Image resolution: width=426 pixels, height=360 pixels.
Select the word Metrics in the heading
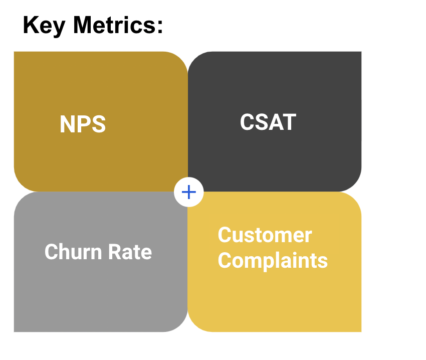[113, 25]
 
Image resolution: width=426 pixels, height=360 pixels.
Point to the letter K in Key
[30, 25]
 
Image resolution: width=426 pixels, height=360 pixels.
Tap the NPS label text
[83, 124]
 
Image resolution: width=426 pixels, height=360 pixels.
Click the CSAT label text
[268, 122]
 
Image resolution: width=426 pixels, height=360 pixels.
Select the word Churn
[73, 252]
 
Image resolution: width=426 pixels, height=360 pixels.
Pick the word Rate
[130, 252]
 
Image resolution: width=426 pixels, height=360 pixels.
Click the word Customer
[265, 235]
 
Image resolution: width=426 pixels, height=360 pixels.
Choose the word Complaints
[273, 261]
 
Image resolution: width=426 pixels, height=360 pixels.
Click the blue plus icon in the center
[189, 192]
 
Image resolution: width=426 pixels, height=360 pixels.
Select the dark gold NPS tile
[101, 121]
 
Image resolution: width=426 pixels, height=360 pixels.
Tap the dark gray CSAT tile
[275, 121]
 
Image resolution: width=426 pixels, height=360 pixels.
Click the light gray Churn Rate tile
[101, 262]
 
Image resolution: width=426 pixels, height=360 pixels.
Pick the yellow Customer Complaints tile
[275, 262]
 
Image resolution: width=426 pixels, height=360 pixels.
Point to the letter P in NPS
[83, 124]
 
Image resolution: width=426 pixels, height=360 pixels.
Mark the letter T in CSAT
[289, 122]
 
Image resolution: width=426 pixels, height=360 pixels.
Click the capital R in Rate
[115, 252]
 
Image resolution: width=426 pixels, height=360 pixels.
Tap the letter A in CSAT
[274, 122]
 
